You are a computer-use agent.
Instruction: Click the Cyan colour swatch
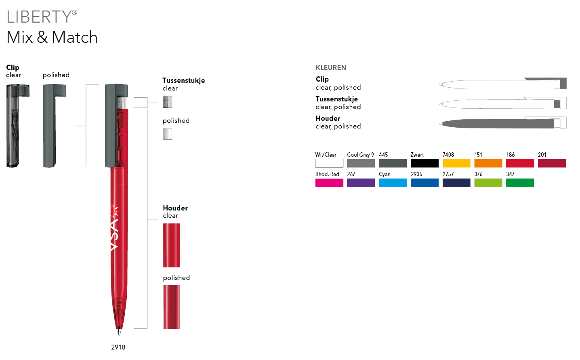pos(393,183)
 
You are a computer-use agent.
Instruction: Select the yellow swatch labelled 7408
pos(456,163)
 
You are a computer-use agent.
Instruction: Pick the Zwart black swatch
pos(424,163)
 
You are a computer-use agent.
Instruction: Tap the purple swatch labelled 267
pos(361,183)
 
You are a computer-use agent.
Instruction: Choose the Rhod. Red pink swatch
pos(329,183)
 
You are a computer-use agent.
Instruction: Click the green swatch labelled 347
pos(520,183)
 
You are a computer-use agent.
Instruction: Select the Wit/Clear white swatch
pos(329,163)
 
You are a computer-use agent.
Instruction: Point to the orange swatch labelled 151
pos(488,163)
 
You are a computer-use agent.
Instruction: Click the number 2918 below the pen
pos(118,347)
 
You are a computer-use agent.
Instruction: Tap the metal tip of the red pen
pos(119,332)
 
